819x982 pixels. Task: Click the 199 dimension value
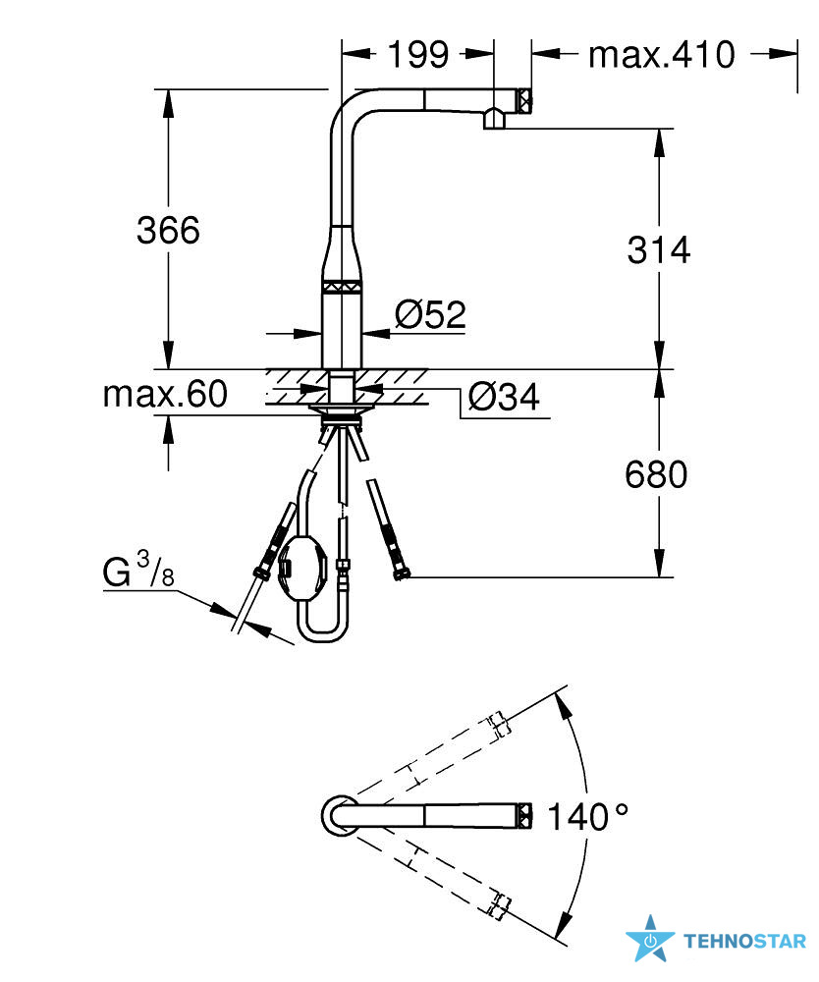418,54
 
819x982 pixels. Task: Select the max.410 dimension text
661,54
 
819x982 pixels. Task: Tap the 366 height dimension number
168,230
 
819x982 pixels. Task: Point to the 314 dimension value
659,249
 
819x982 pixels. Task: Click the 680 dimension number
656,474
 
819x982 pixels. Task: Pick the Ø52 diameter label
431,314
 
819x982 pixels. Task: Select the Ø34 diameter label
504,397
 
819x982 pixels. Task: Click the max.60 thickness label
165,394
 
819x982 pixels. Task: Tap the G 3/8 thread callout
138,569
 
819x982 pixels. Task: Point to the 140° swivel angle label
587,817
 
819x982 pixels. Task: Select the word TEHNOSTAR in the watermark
744,941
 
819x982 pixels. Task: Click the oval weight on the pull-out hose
301,568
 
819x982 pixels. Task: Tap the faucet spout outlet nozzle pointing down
494,118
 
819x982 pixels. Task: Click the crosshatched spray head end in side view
524,99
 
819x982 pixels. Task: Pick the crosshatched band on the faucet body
342,286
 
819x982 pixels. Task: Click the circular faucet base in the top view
340,815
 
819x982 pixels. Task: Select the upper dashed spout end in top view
499,725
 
